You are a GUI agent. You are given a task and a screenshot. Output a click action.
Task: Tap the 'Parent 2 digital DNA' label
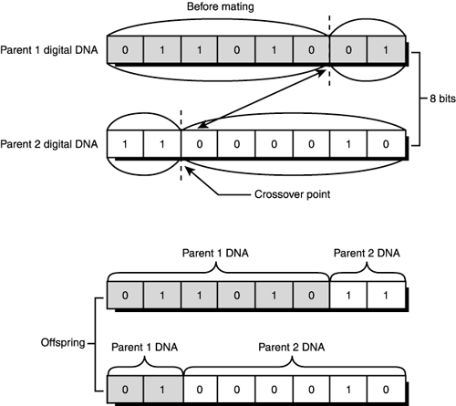pyautogui.click(x=50, y=144)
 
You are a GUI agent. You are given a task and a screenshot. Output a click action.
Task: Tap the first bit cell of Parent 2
pyautogui.click(x=125, y=144)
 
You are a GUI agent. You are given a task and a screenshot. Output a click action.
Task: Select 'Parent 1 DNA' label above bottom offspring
pyautogui.click(x=143, y=347)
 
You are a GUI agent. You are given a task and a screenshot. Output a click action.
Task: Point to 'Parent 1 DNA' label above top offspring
pyautogui.click(x=217, y=253)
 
